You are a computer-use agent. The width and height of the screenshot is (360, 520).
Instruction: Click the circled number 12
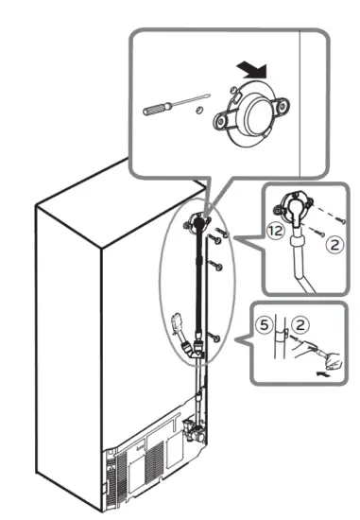(274, 231)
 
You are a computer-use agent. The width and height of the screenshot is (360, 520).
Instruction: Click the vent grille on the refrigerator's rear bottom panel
(142, 462)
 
